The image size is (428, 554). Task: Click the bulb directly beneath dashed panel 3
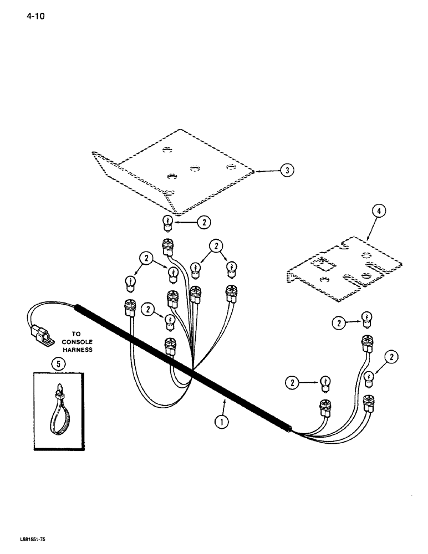(167, 223)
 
